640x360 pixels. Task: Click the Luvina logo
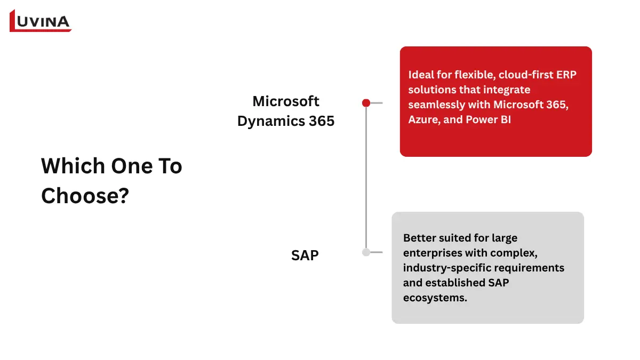[x=41, y=21]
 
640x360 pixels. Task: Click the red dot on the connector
[x=366, y=103]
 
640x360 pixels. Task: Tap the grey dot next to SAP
[x=366, y=252]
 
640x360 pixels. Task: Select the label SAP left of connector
[x=305, y=255]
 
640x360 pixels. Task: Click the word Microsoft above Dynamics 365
[x=286, y=101]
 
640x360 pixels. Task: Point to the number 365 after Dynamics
[x=322, y=121]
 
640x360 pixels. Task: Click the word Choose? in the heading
[x=85, y=196]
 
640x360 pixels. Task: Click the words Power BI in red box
[x=488, y=119]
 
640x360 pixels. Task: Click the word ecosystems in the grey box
[x=435, y=298]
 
